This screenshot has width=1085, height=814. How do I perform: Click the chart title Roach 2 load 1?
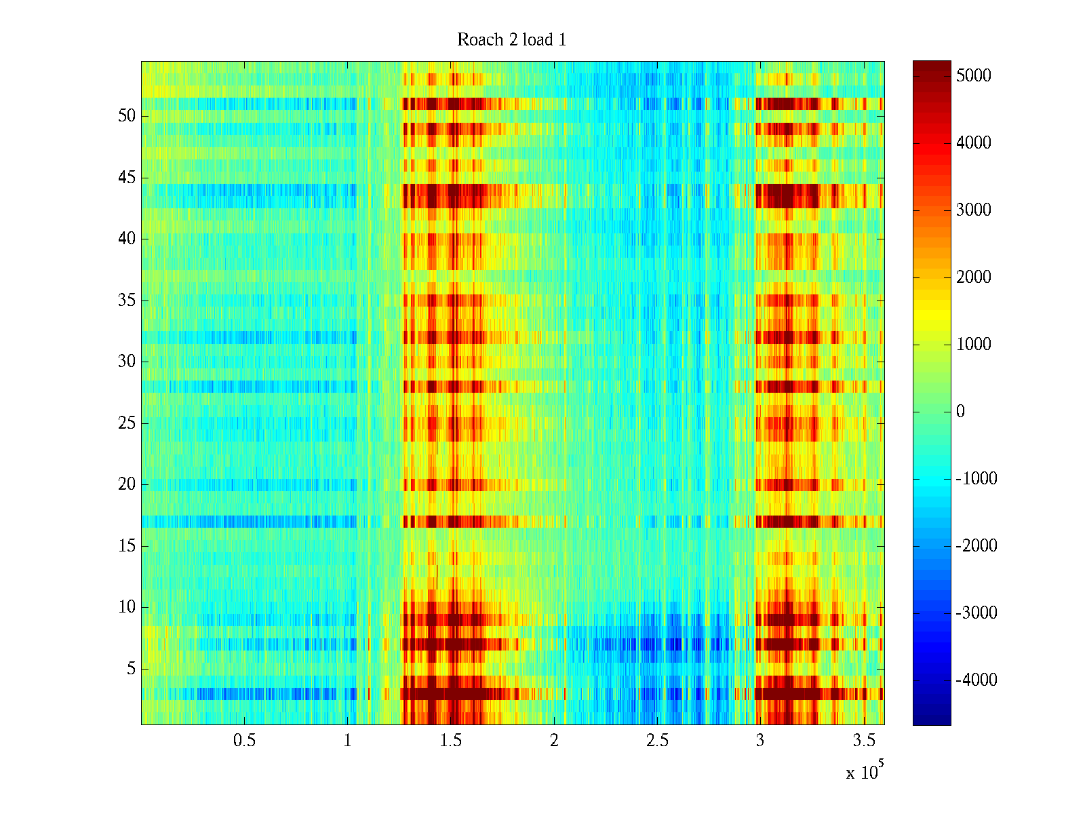[x=512, y=40]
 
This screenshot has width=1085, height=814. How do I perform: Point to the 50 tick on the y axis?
[x=127, y=116]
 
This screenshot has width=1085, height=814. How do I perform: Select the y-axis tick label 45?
[x=127, y=178]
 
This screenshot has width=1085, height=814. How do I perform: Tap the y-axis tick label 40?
[x=127, y=239]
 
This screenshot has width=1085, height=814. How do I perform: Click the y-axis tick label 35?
[x=127, y=301]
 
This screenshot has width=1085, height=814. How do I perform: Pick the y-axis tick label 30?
[x=127, y=362]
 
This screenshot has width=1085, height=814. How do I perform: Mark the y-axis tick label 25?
[x=127, y=423]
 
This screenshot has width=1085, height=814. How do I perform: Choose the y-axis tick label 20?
[x=127, y=484]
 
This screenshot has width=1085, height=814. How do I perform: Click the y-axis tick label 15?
[x=127, y=546]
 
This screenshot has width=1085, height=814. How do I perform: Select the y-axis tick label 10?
[x=127, y=607]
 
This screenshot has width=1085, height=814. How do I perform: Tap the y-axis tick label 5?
[x=131, y=669]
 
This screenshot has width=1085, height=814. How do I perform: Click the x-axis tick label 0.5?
[x=244, y=741]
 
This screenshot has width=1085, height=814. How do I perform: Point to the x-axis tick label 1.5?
[x=451, y=741]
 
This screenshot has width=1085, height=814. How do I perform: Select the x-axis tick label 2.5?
[x=657, y=741]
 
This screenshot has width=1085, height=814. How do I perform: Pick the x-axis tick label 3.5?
[x=863, y=741]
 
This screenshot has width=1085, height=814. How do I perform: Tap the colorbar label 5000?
[x=974, y=75]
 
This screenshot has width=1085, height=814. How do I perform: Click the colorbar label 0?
[x=960, y=411]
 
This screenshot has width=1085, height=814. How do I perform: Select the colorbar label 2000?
[x=974, y=277]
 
